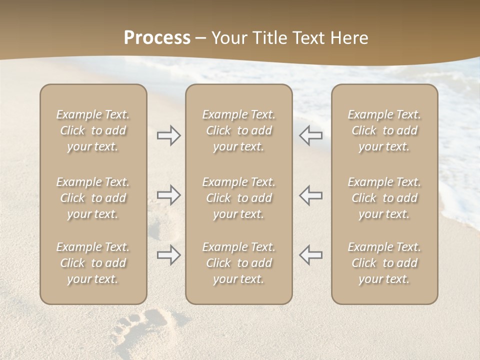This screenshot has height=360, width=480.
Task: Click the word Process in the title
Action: (157, 38)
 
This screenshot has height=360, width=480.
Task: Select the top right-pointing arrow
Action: (169, 135)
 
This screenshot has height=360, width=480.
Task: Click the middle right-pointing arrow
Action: (169, 195)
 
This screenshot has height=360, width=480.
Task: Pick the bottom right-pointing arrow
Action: (169, 255)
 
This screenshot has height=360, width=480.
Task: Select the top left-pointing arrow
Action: (310, 135)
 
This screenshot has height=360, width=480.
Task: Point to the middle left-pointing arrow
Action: (310, 195)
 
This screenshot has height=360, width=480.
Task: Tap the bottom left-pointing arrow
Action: (310, 255)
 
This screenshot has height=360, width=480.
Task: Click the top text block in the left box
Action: (93, 130)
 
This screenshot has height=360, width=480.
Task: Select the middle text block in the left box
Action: (93, 198)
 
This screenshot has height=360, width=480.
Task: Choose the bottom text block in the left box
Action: (93, 263)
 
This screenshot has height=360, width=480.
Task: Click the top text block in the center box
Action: (238, 130)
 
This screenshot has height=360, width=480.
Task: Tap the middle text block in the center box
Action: (238, 198)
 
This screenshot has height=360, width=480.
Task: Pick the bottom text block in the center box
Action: (238, 263)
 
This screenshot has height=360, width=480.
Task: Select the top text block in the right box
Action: (384, 130)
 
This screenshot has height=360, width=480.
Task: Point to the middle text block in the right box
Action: (384, 198)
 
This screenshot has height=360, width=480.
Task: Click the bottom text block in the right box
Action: (384, 263)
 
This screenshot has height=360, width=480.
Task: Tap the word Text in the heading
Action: (305, 38)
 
